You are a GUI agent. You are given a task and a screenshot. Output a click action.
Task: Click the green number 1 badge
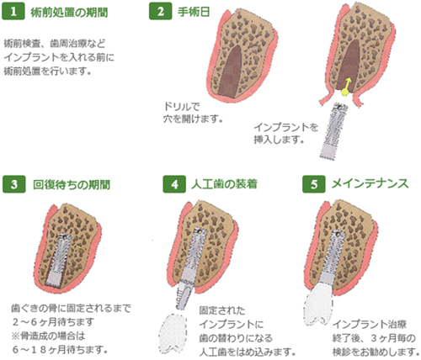pyautogui.click(x=13, y=12)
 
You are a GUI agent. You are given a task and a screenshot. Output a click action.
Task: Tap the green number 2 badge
pyautogui.click(x=160, y=12)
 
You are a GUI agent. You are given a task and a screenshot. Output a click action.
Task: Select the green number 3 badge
pyautogui.click(x=14, y=184)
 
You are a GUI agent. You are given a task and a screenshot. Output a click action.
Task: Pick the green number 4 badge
pyautogui.click(x=174, y=184)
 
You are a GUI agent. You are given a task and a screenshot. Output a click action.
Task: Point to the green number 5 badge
pyautogui.click(x=314, y=184)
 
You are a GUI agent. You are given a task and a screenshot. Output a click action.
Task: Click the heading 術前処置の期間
pyautogui.click(x=69, y=13)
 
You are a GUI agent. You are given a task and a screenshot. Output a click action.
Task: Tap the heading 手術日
pyautogui.click(x=194, y=12)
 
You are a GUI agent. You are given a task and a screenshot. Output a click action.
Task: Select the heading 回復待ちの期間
pyautogui.click(x=72, y=185)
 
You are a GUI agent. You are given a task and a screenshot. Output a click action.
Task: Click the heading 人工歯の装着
pyautogui.click(x=224, y=184)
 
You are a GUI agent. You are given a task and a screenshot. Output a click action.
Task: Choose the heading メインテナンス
pyautogui.click(x=370, y=184)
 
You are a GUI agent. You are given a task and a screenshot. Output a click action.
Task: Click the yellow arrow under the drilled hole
pyautogui.click(x=346, y=87)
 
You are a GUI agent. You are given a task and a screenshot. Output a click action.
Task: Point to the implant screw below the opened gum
pyautogui.click(x=334, y=131)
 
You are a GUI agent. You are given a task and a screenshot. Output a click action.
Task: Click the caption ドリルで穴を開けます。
pyautogui.click(x=193, y=113)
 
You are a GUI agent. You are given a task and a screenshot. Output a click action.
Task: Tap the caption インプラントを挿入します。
pyautogui.click(x=285, y=134)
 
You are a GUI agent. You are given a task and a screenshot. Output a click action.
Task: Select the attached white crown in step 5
pyautogui.click(x=319, y=305)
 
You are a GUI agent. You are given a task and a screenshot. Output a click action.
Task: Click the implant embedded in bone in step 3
pyautogui.click(x=60, y=259)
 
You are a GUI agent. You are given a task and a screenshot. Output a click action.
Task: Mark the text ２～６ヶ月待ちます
pyautogui.click(x=53, y=322)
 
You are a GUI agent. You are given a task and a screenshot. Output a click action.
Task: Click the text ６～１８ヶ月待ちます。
pyautogui.click(x=60, y=349)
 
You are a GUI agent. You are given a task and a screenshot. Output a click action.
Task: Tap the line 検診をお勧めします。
pyautogui.click(x=376, y=352)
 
